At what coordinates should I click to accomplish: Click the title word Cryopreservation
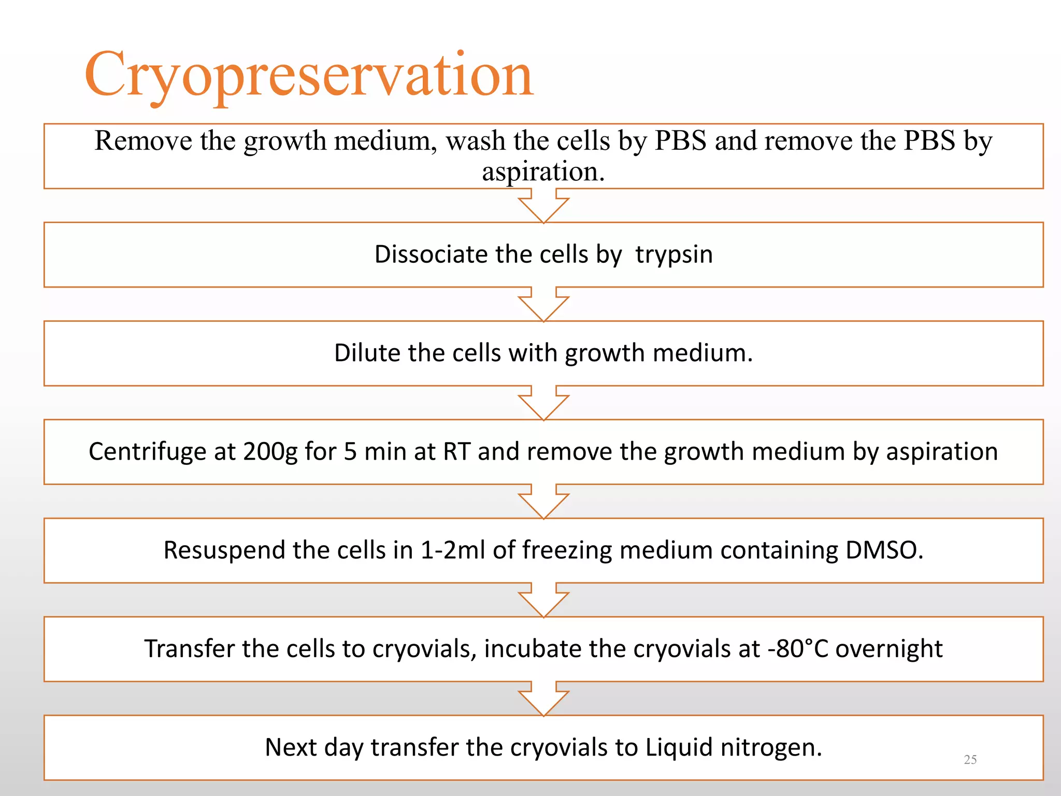click(x=309, y=75)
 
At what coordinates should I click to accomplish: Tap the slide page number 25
click(x=970, y=760)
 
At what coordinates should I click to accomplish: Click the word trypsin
click(x=673, y=255)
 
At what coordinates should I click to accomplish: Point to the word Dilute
click(x=367, y=353)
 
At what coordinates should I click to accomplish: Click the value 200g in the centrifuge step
click(x=270, y=452)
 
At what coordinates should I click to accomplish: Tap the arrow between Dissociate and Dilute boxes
click(x=543, y=305)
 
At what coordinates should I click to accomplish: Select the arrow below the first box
click(x=543, y=207)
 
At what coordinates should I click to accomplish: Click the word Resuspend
click(x=224, y=550)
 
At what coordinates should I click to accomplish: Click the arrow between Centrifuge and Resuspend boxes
click(x=543, y=503)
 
